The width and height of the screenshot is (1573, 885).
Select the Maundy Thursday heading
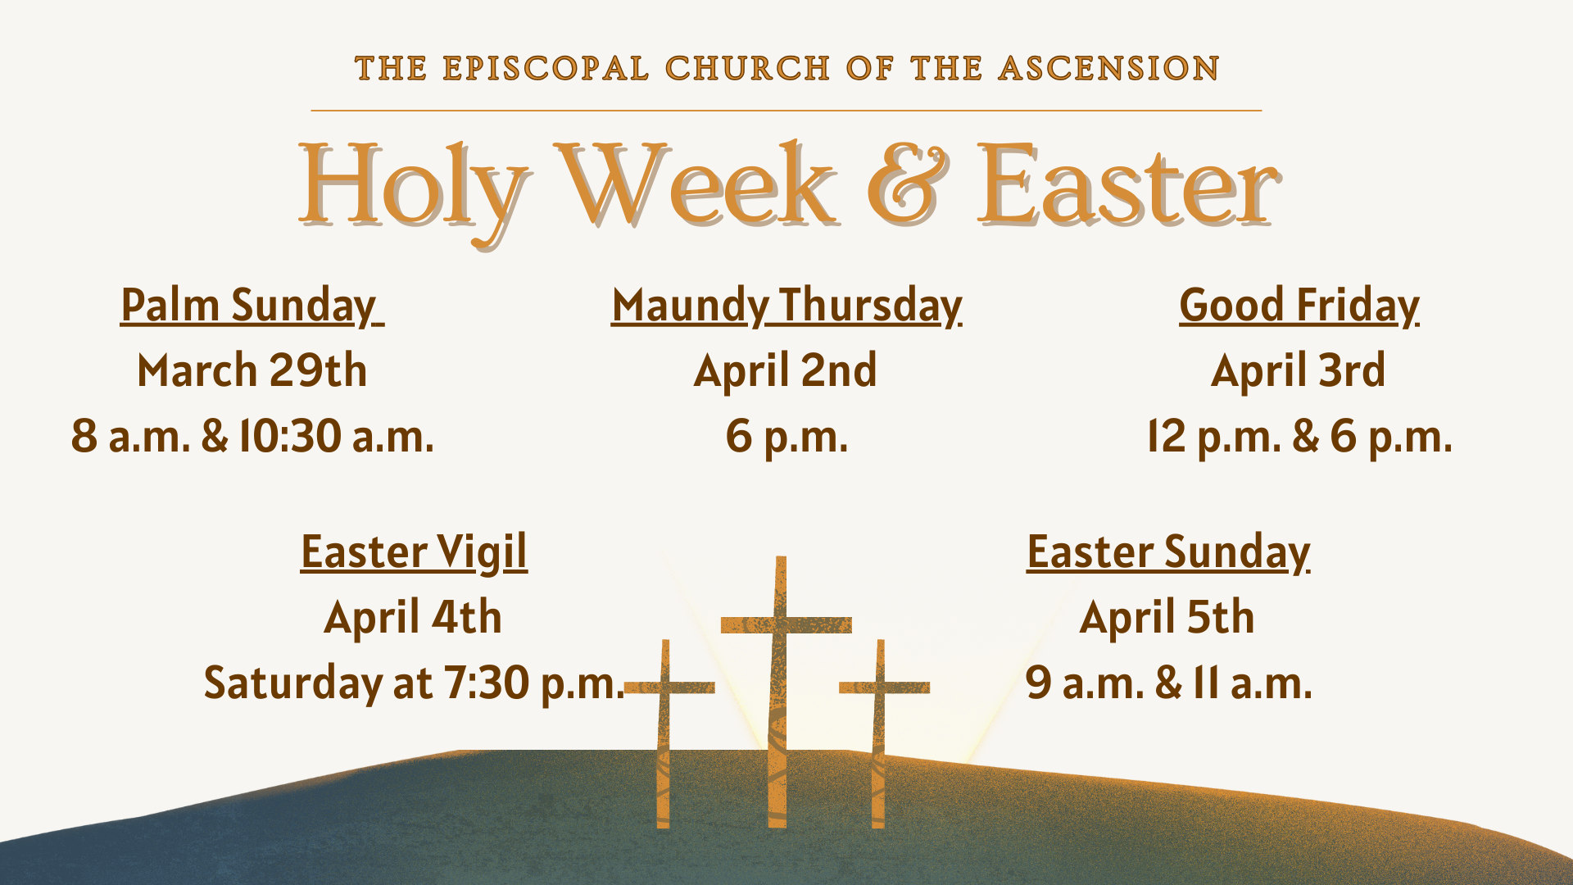click(x=786, y=306)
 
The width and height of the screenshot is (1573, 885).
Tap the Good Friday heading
click(x=1299, y=306)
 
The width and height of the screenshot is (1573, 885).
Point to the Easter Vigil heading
click(x=414, y=552)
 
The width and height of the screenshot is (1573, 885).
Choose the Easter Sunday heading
click(x=1168, y=552)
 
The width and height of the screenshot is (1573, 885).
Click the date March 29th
click(x=252, y=370)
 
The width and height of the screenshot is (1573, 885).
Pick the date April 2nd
click(x=786, y=371)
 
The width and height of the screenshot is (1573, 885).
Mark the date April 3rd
click(x=1299, y=371)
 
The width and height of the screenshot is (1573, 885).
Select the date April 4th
click(x=413, y=618)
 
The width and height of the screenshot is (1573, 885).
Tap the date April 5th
click(x=1167, y=618)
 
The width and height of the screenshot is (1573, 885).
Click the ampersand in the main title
click(x=909, y=184)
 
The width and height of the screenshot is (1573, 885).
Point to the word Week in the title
click(x=696, y=184)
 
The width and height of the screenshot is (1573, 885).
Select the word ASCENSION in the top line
click(x=1109, y=68)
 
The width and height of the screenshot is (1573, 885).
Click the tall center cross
click(x=781, y=692)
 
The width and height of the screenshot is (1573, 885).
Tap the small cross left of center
click(x=664, y=733)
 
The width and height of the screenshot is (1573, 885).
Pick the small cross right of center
click(x=880, y=733)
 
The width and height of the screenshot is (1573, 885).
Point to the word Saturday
click(x=292, y=684)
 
